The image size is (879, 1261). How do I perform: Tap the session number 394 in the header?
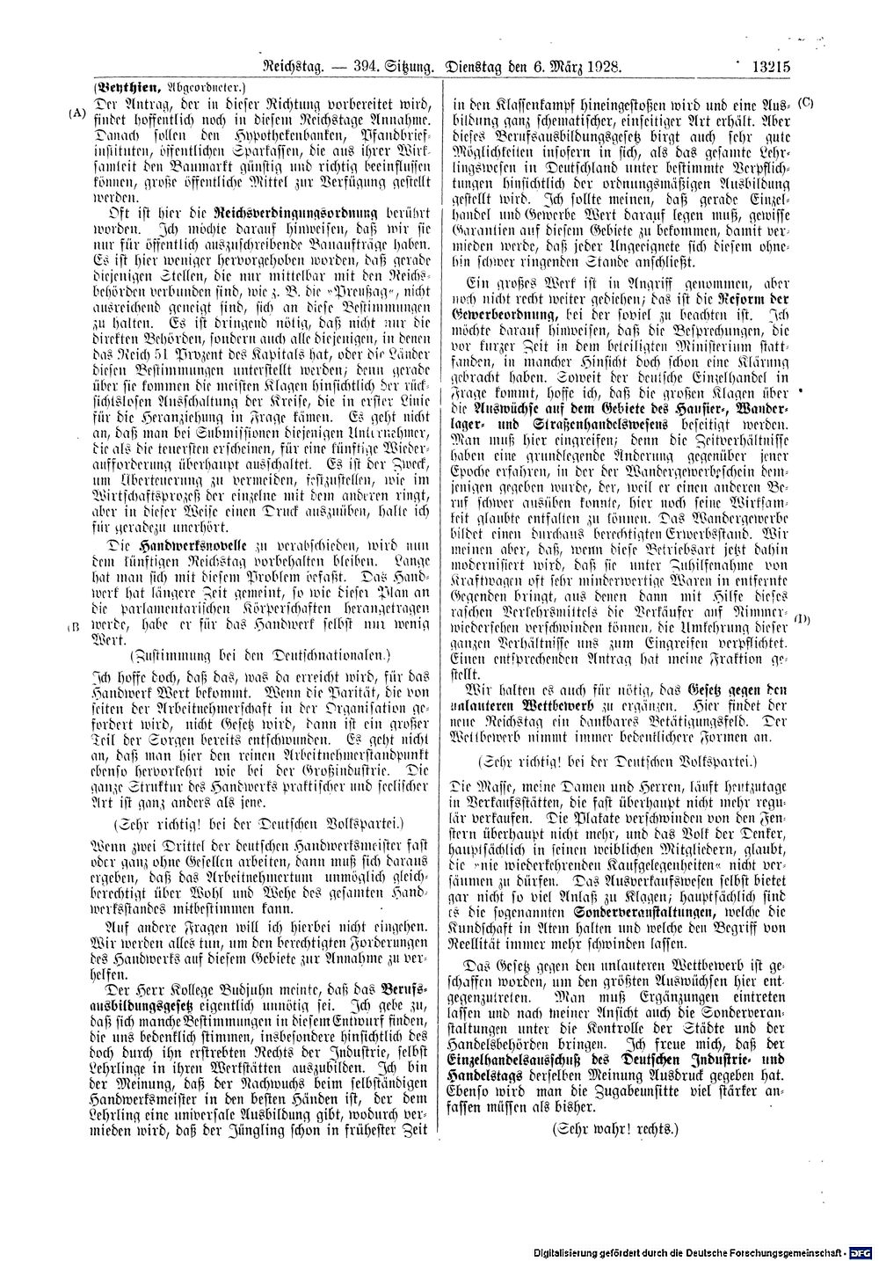pos(366,65)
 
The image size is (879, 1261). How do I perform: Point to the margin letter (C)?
pos(806,103)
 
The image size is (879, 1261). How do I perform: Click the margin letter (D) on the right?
pos(803,618)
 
